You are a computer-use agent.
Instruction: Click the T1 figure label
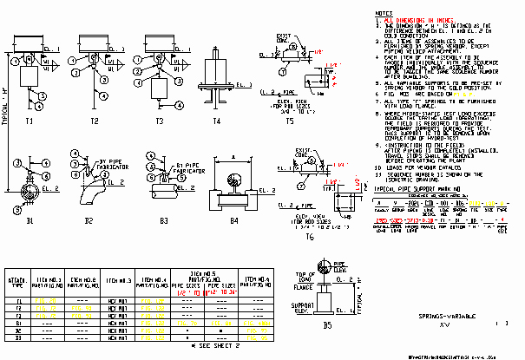tap(30, 121)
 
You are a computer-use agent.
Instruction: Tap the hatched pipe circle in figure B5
tap(326, 267)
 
